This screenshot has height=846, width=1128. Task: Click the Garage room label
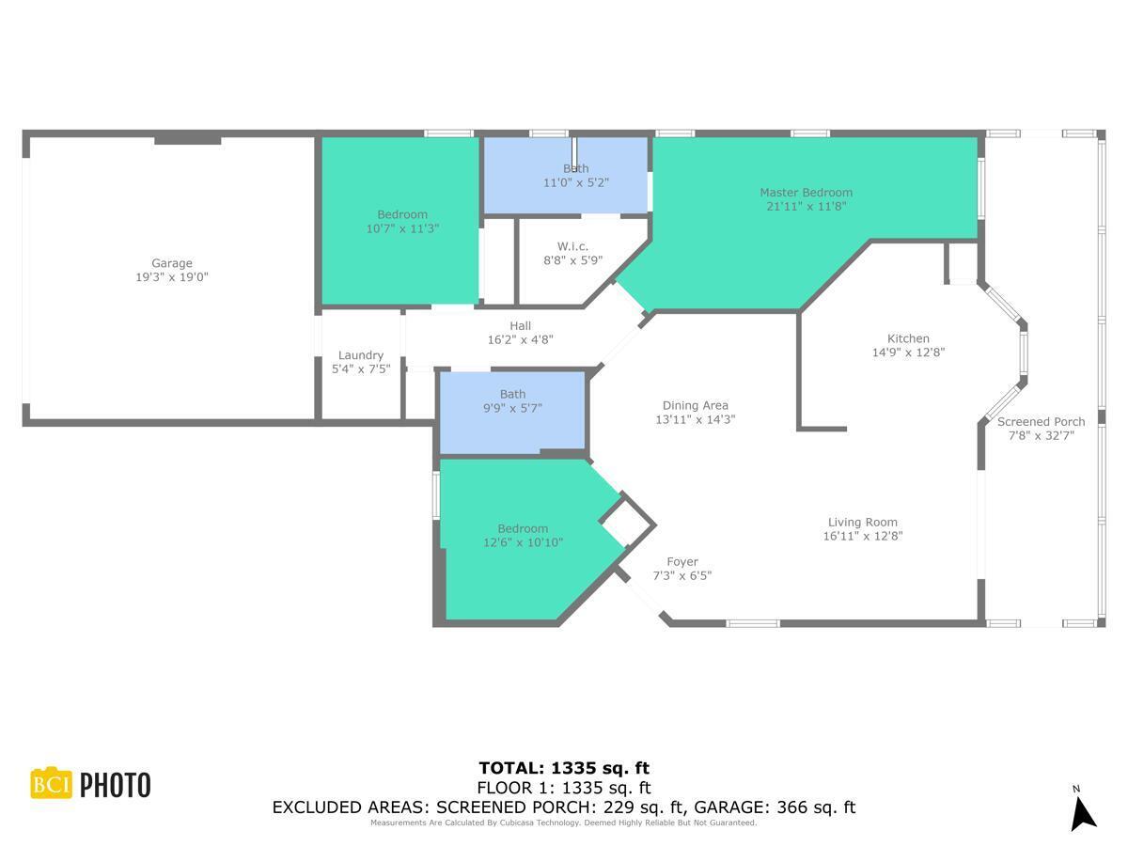coord(172,264)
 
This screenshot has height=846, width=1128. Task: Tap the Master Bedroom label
coord(806,193)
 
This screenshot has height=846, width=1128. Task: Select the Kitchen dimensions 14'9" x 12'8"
coord(908,352)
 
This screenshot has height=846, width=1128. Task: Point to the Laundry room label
coord(361,355)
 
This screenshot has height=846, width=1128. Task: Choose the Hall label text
coord(520,326)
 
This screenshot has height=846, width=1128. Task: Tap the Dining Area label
coord(695,406)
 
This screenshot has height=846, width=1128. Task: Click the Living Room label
coord(862,523)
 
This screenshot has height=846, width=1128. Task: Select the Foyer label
coord(681,562)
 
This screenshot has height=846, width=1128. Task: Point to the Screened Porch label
coord(1041,422)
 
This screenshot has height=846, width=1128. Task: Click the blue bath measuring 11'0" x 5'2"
coord(566,177)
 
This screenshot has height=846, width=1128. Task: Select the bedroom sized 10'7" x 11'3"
coord(402,222)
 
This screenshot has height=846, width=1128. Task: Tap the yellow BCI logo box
coord(52,784)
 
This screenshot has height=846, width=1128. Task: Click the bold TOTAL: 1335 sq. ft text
coord(564,768)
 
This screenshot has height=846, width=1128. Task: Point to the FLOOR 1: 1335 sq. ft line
coord(564,788)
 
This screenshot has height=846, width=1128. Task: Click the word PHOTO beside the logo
coord(115,785)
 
